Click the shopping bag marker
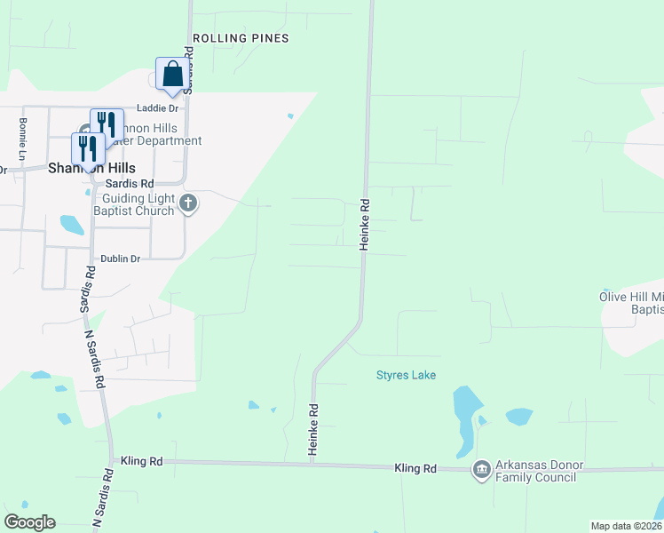[x=171, y=75]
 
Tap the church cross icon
[x=187, y=204]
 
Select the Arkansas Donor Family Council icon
[x=481, y=469]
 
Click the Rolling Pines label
[x=241, y=38]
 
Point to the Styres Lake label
[x=406, y=376]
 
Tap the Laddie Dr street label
[x=157, y=108]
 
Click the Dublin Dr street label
[x=121, y=259]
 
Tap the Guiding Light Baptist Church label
[x=138, y=204]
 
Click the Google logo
[x=29, y=522]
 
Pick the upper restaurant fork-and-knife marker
[x=106, y=123]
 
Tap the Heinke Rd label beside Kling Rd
[x=312, y=431]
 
